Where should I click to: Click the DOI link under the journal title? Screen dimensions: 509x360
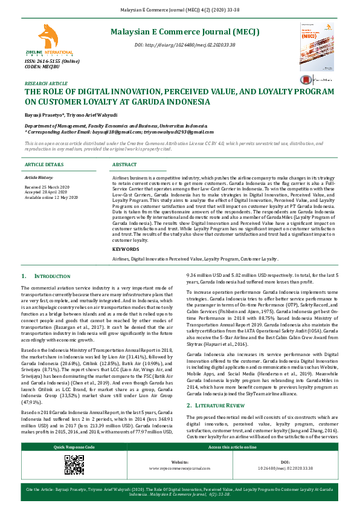pos(185,45)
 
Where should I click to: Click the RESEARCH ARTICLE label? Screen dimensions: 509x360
pos(46,83)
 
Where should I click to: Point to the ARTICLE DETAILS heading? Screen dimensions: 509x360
pos(43,164)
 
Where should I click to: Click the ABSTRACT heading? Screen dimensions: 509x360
pos(124,164)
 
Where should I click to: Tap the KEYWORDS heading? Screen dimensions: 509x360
pos(126,249)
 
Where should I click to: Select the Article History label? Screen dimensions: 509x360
pos(39,178)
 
